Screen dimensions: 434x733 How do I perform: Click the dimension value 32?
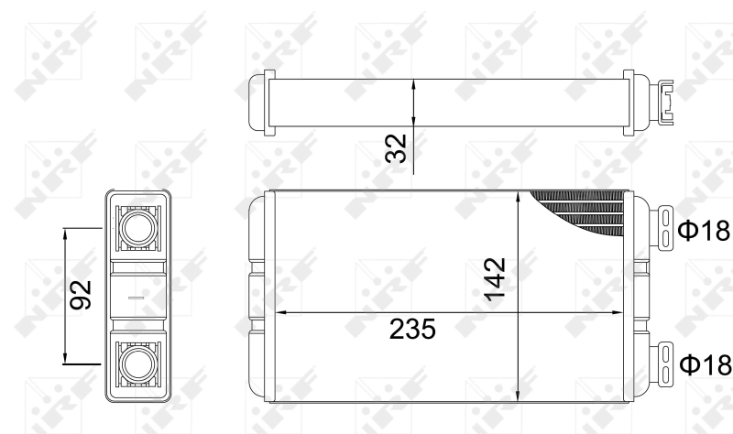point(396,148)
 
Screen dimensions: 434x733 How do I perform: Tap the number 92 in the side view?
point(82,296)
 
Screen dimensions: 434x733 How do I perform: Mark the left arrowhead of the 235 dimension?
point(281,312)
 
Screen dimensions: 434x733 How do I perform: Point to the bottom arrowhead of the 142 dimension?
point(519,397)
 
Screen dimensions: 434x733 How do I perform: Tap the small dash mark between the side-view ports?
point(137,297)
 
